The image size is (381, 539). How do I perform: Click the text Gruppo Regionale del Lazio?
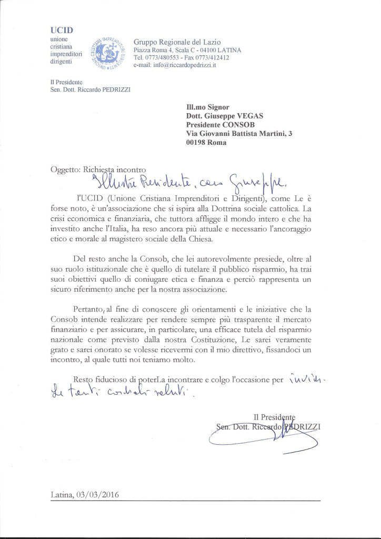click(177, 42)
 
